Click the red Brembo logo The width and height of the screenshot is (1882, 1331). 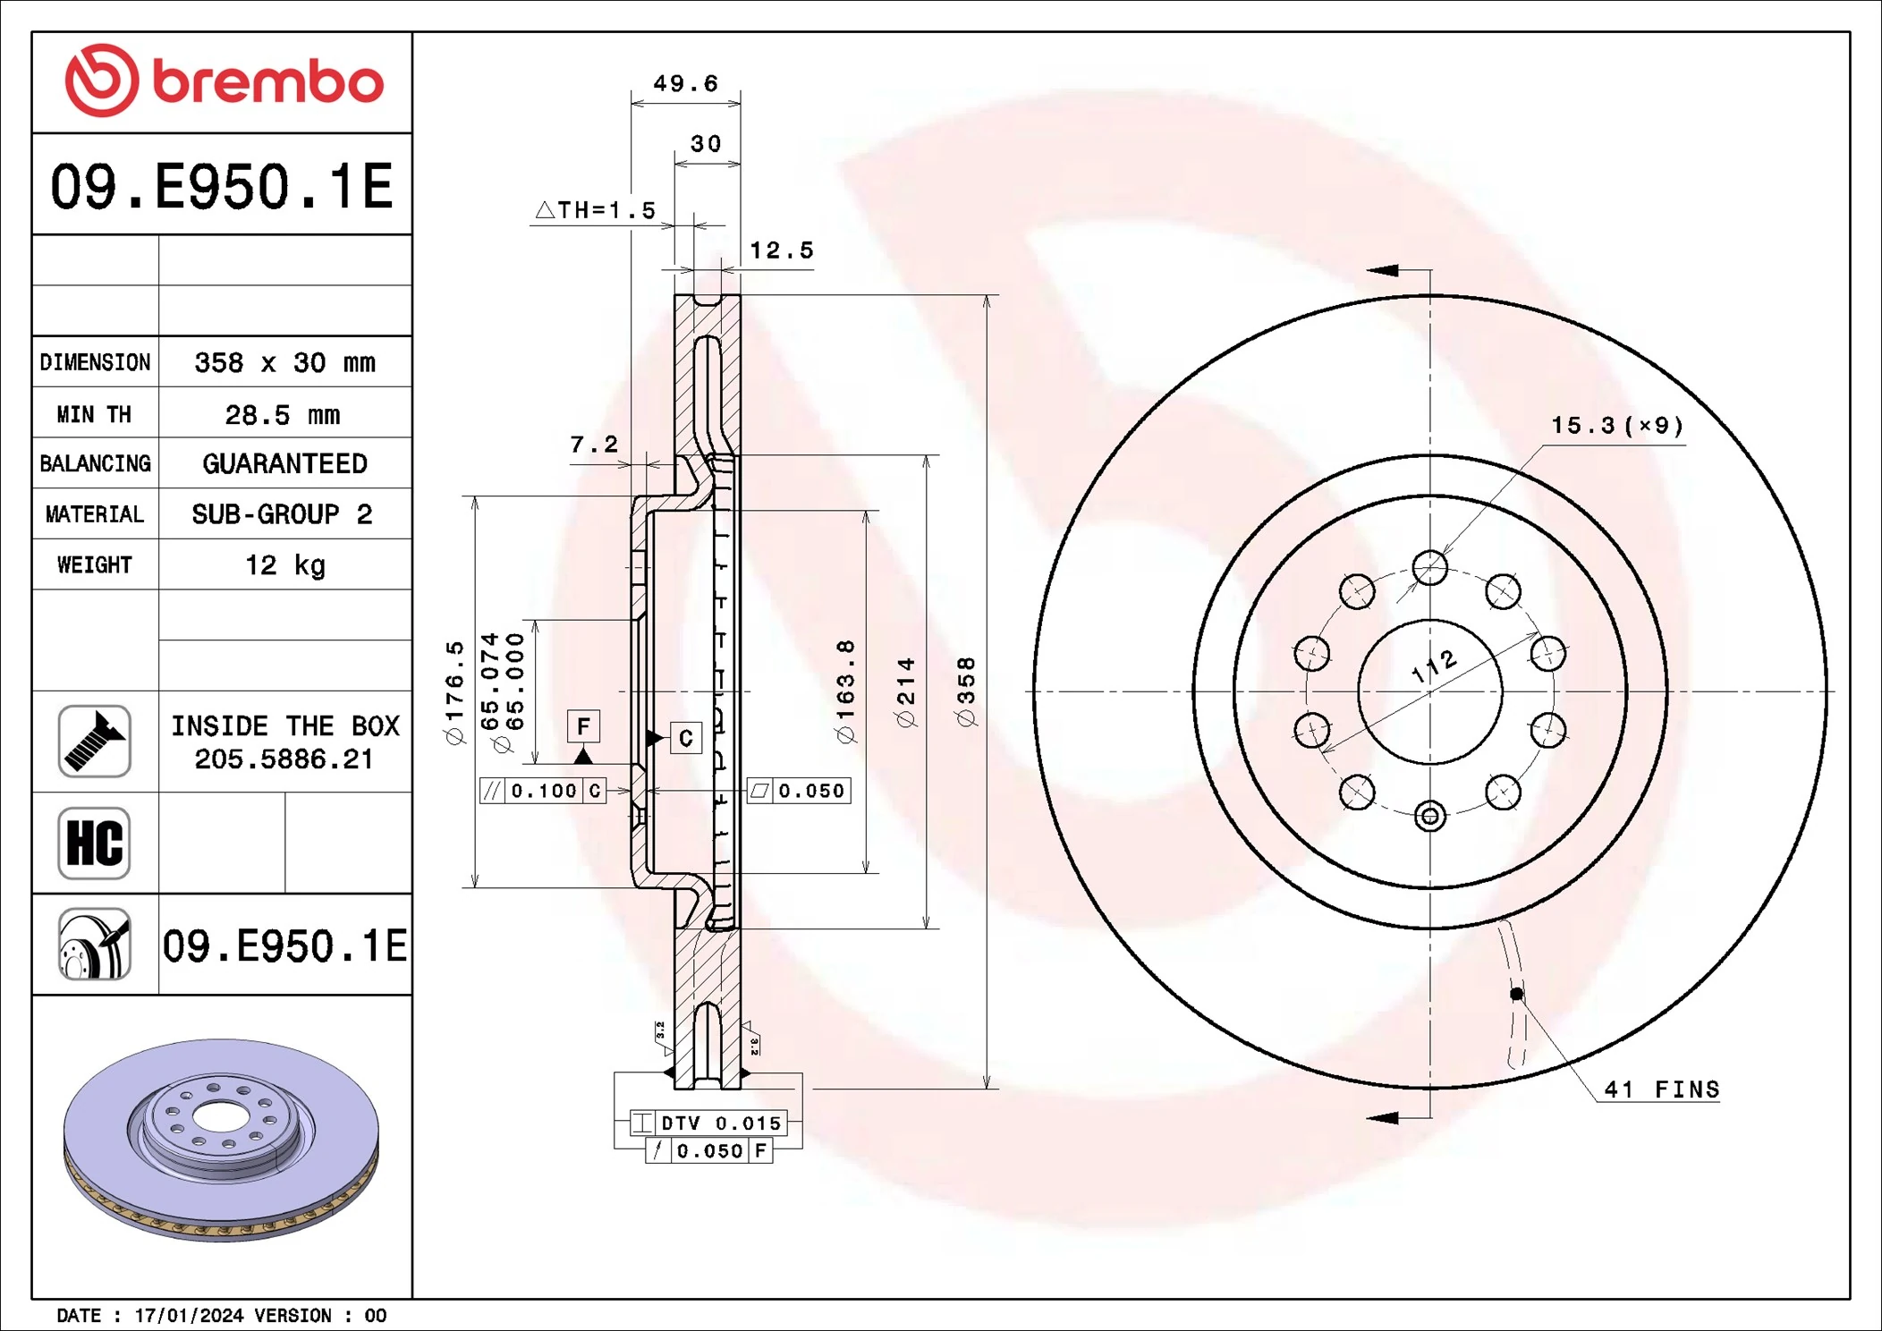point(224,81)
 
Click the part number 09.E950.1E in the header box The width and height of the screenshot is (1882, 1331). point(222,186)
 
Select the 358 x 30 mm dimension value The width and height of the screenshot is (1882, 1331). point(284,362)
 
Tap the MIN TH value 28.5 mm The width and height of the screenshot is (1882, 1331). point(282,414)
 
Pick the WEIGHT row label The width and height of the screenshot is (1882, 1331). point(94,564)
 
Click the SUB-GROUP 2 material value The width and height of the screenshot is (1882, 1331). point(282,514)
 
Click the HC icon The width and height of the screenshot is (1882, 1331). point(94,843)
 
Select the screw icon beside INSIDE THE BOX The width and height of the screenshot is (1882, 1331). point(94,741)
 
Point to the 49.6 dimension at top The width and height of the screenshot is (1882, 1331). point(685,83)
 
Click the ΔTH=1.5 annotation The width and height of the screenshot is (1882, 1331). point(596,210)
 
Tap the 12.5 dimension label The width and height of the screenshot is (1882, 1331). point(781,250)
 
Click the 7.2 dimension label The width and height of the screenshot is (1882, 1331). point(594,445)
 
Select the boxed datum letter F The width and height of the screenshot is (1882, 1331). point(583,725)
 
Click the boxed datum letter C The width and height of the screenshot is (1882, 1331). point(686,738)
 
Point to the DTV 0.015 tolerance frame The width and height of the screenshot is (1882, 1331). point(708,1123)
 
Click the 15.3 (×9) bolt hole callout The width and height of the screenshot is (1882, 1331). point(1617,426)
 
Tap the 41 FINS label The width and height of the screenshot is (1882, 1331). point(1661,1089)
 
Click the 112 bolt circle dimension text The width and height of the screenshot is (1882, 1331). point(1434,666)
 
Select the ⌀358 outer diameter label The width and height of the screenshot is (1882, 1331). point(966,691)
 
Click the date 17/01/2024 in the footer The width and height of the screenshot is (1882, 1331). point(189,1315)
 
